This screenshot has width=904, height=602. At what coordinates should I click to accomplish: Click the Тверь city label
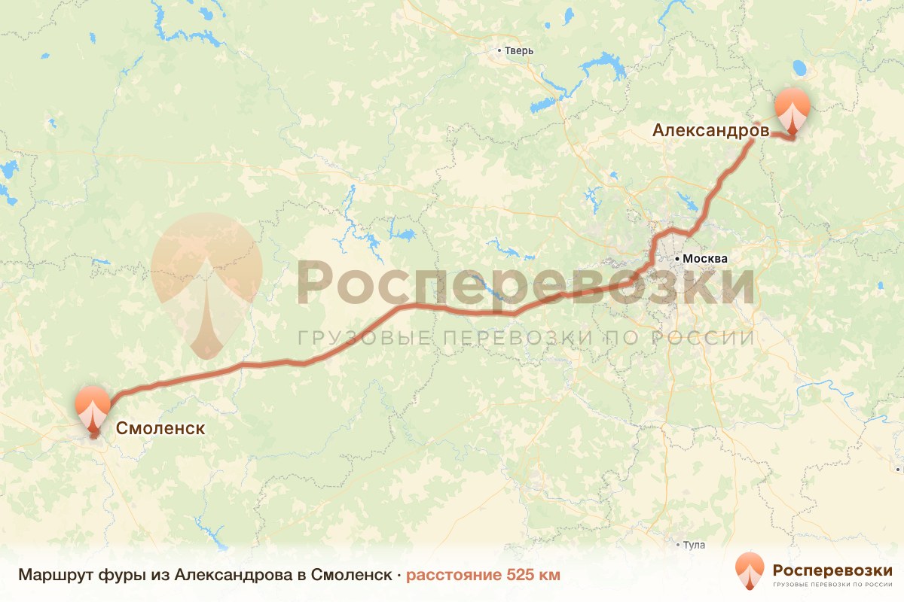coord(520,51)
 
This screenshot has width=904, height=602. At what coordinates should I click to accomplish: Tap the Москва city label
coord(706,259)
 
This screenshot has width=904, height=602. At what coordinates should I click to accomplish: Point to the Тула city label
coord(694,546)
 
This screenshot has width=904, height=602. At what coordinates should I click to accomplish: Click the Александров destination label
coord(710,131)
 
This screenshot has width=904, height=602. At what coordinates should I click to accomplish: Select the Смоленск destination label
coord(160,428)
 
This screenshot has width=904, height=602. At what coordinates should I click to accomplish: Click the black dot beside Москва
coord(677,259)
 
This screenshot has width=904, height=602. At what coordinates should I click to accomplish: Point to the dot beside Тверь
coord(499,51)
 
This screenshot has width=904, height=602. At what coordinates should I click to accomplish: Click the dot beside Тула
coord(679,546)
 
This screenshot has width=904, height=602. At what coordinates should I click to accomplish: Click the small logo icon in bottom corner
coord(750,571)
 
